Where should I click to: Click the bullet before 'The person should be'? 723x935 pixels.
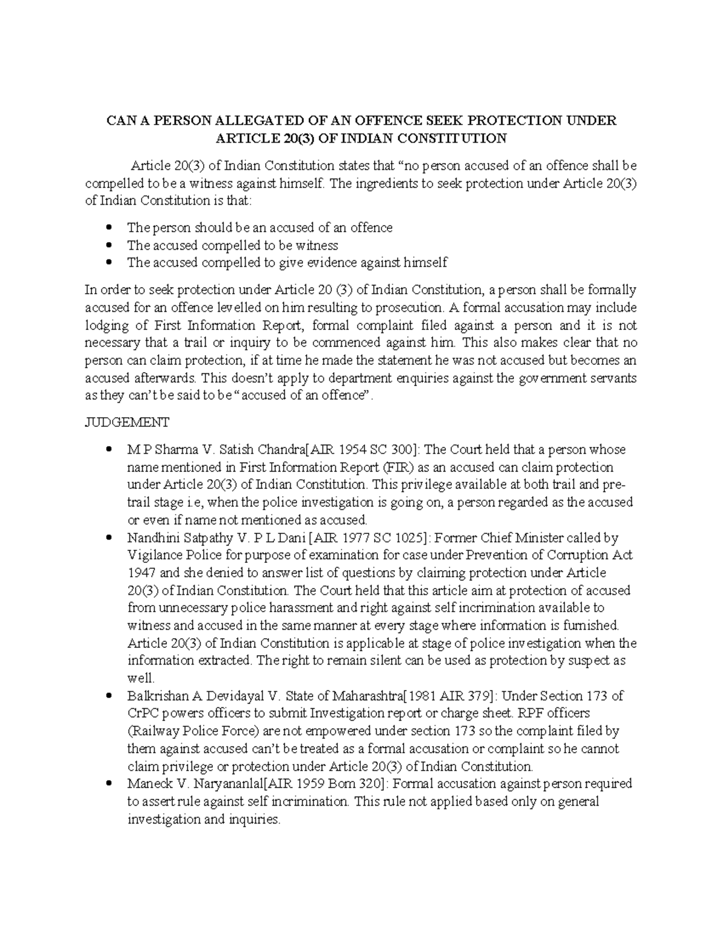[108, 228]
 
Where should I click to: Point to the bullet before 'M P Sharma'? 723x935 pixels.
[108, 450]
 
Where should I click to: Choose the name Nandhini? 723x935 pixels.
[154, 538]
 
